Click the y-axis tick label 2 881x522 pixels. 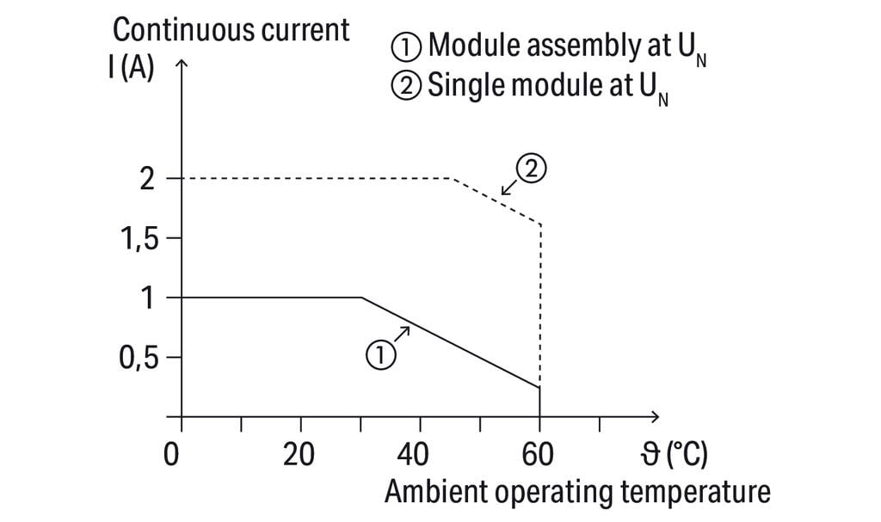click(x=147, y=179)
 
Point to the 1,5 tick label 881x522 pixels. click(x=137, y=238)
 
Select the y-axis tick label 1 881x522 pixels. click(x=148, y=298)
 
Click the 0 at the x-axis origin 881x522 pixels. click(x=172, y=453)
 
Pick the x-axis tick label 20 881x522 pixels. click(x=300, y=453)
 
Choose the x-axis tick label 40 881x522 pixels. click(x=421, y=453)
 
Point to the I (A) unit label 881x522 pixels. click(x=131, y=68)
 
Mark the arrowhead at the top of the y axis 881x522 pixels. click(x=181, y=64)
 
